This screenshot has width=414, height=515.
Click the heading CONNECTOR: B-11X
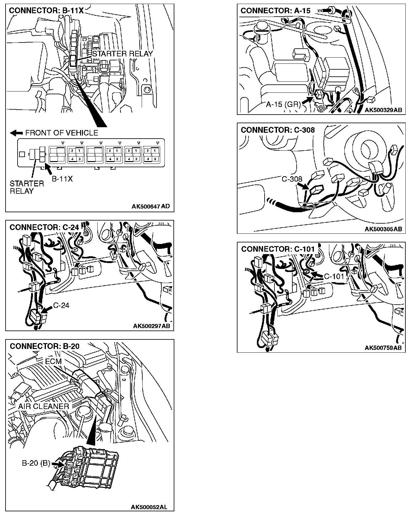46,10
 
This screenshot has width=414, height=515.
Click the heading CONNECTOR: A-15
275,11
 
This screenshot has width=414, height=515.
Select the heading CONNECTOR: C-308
278,130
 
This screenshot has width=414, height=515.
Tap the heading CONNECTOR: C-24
44,227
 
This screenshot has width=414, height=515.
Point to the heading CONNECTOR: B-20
45,346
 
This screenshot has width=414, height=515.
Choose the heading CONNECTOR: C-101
278,249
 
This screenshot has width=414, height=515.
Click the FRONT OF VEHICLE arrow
16,133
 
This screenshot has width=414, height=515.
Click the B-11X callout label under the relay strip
62,179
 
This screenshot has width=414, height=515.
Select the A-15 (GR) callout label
283,104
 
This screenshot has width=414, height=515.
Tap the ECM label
53,361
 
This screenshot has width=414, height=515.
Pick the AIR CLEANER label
43,406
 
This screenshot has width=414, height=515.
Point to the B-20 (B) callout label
36,463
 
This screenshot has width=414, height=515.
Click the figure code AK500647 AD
150,206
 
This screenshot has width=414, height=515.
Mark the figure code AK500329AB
383,110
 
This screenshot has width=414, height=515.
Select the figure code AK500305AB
383,229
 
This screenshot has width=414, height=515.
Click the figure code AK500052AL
149,507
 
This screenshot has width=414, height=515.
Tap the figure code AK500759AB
383,348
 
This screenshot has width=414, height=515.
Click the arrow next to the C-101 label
316,275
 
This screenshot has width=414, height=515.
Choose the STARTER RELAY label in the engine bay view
123,54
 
